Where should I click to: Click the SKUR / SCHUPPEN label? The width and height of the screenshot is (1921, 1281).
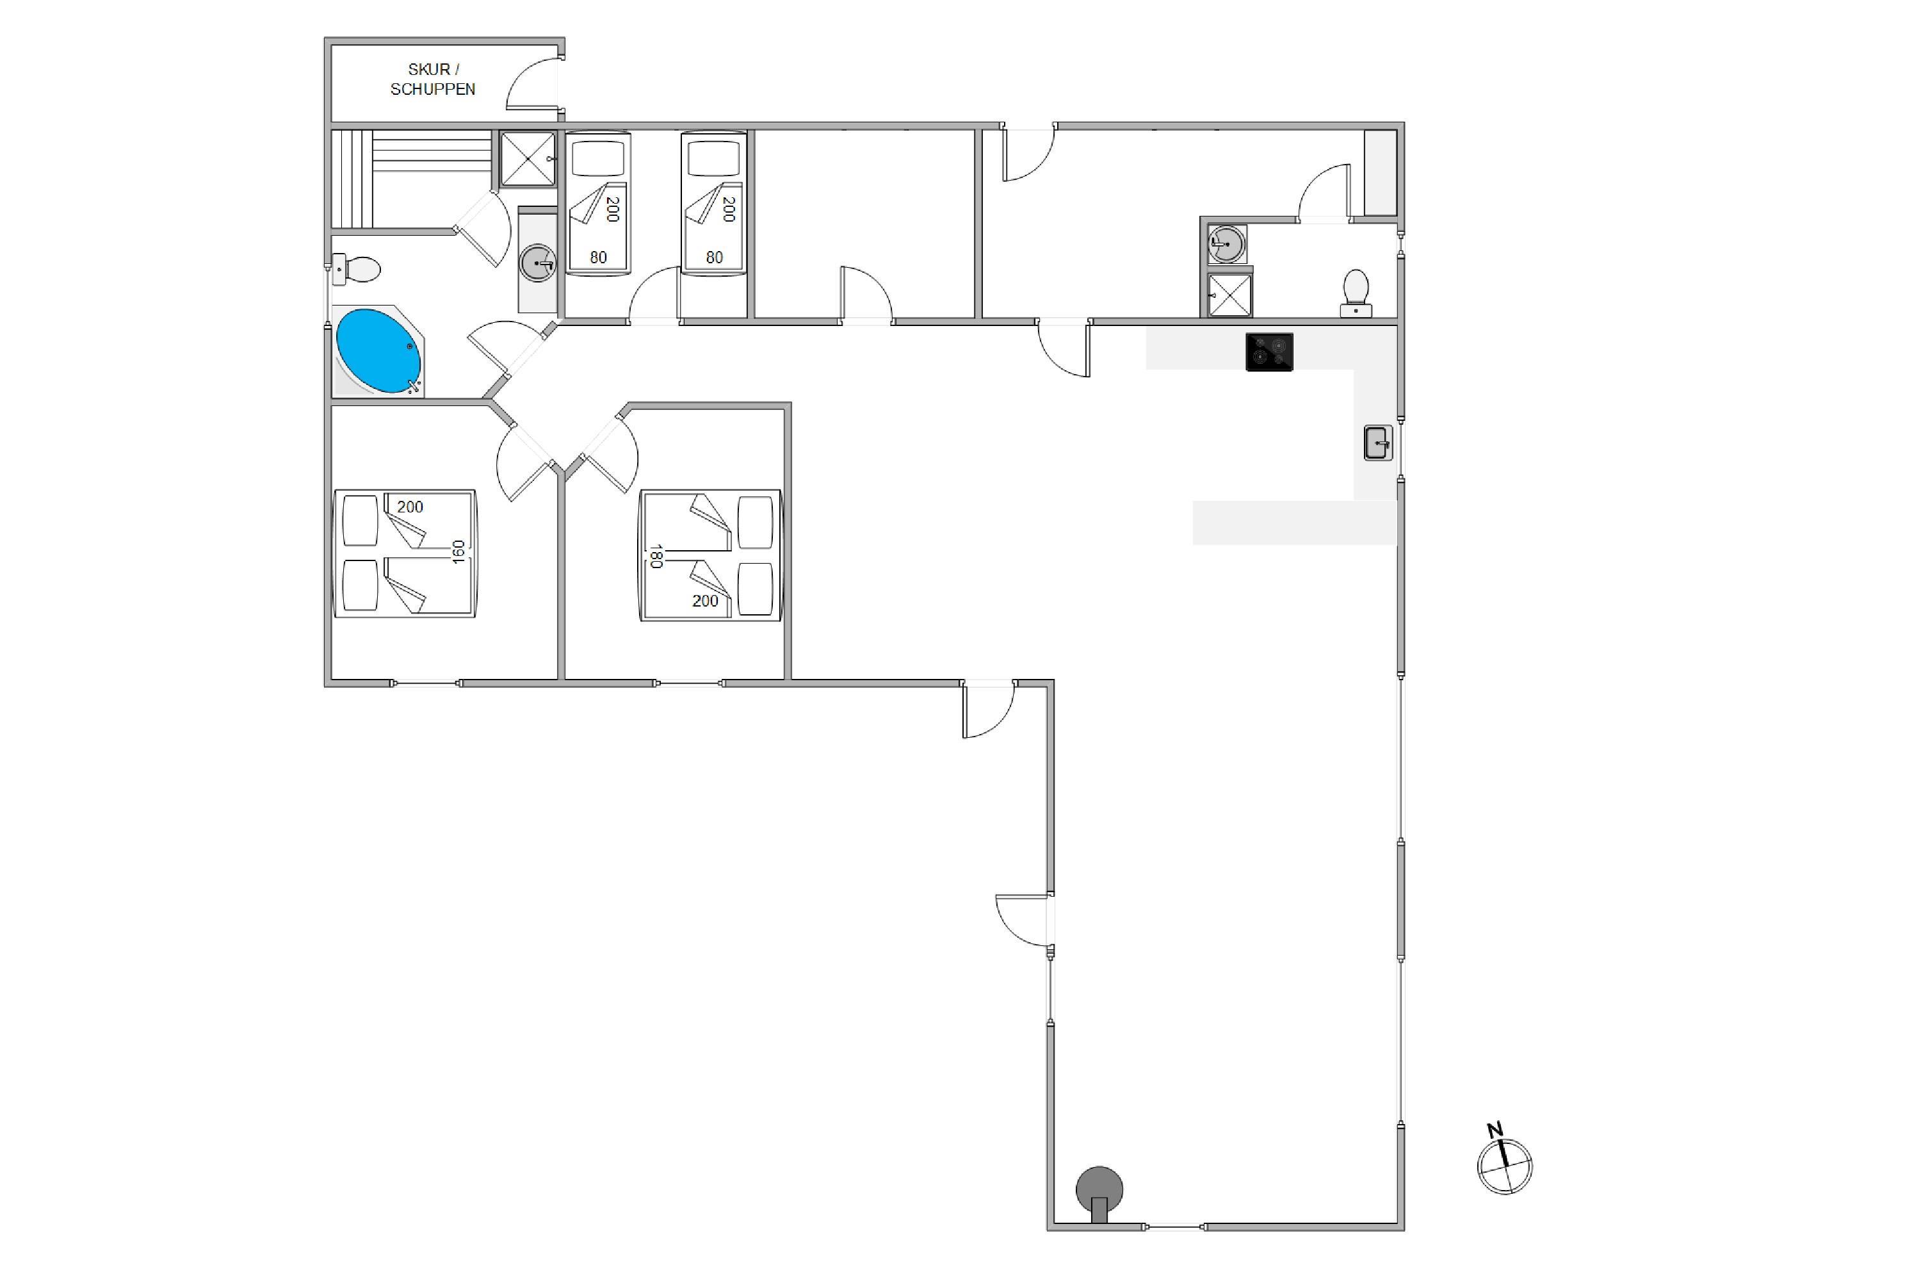coord(432,79)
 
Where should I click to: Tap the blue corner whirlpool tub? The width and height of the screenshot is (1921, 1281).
coord(378,351)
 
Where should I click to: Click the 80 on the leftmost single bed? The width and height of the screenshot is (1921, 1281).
coord(599,257)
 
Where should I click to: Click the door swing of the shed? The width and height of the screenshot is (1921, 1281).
coord(531,82)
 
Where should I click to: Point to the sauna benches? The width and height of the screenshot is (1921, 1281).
coord(412,178)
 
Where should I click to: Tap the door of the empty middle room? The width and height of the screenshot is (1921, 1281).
coord(866,294)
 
